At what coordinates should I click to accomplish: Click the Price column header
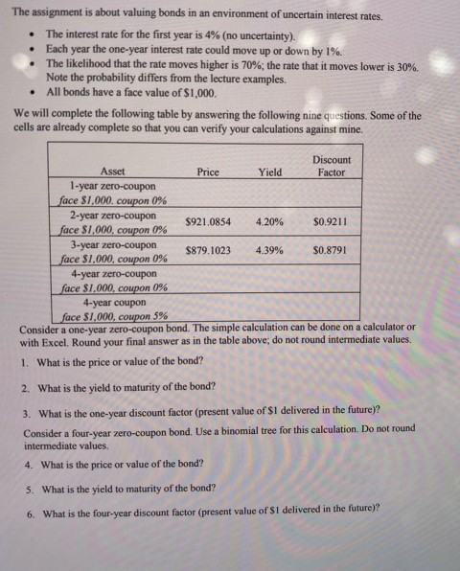pos(208,172)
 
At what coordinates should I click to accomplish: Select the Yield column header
pos(271,172)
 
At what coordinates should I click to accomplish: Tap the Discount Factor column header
pos(331,167)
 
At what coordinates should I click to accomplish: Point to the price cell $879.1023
pos(208,251)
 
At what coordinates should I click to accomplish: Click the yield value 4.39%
pos(271,251)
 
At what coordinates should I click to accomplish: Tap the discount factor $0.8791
pos(331,251)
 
